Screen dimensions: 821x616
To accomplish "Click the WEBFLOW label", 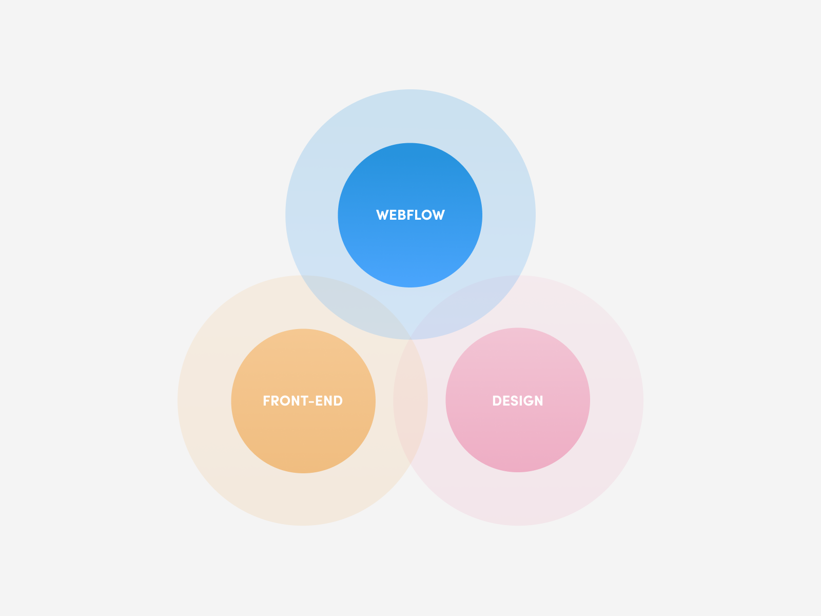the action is point(410,215).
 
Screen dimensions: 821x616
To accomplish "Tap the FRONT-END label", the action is point(303,401).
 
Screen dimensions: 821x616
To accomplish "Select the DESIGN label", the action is point(517,401).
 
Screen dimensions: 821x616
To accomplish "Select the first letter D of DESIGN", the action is point(497,401).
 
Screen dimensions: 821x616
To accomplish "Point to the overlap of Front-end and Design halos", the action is point(411,406).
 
